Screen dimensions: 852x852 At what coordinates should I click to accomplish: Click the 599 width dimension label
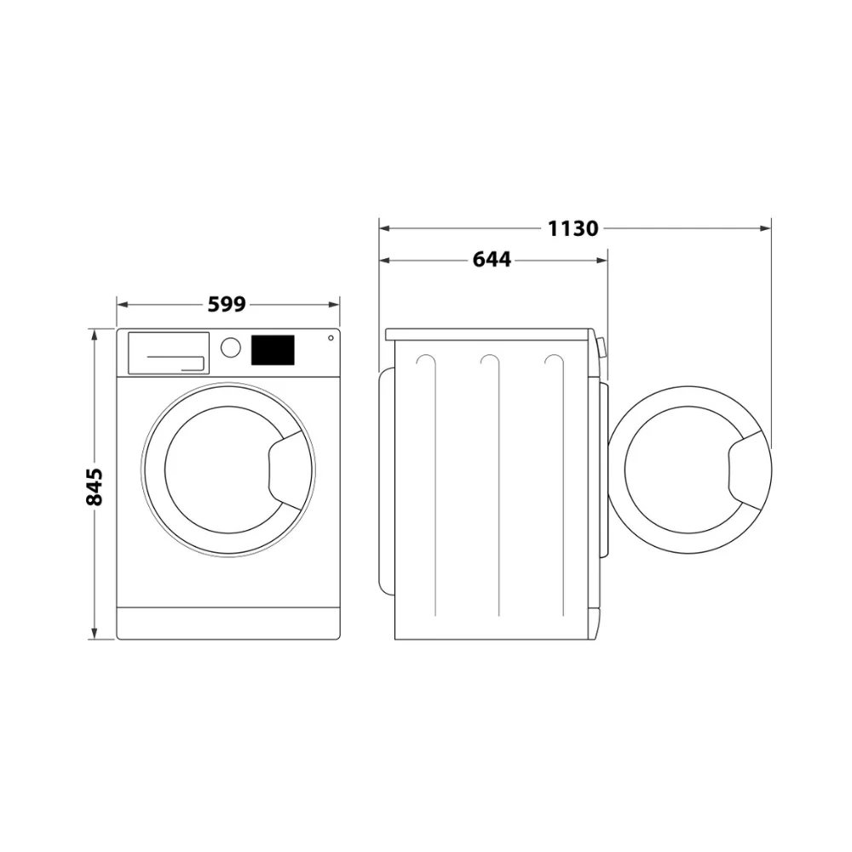pyautogui.click(x=227, y=304)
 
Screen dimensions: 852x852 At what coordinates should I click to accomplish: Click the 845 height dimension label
pyautogui.click(x=95, y=486)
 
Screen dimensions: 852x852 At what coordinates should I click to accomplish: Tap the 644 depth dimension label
pyautogui.click(x=492, y=260)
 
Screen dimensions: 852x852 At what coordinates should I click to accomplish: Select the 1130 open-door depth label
pyautogui.click(x=573, y=228)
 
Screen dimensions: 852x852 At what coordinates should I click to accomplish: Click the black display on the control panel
pyautogui.click(x=273, y=350)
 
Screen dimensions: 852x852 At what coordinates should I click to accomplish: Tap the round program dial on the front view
pyautogui.click(x=230, y=348)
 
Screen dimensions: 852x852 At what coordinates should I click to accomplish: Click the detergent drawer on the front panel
pyautogui.click(x=169, y=354)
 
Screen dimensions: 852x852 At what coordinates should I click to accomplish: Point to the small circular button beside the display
pyautogui.click(x=331, y=338)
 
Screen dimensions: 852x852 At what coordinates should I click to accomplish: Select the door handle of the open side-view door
pyautogui.click(x=745, y=470)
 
